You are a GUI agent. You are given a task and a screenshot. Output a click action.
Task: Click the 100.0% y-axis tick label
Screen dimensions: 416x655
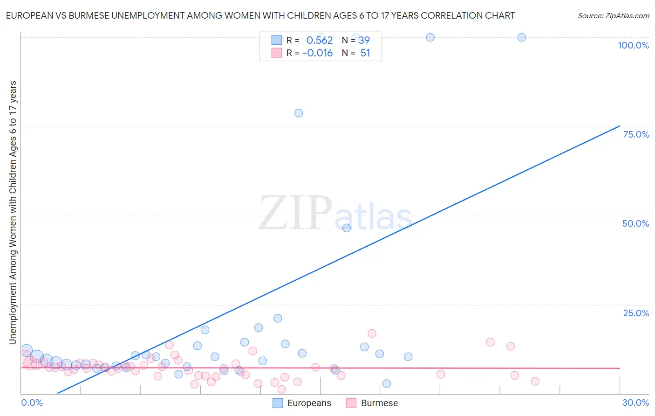[633, 45]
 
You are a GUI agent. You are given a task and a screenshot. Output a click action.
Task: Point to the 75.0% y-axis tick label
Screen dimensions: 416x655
[636, 134]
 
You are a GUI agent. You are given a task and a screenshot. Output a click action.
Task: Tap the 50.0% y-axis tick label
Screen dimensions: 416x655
[635, 223]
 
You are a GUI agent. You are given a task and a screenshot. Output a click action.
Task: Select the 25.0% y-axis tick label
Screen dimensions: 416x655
[636, 313]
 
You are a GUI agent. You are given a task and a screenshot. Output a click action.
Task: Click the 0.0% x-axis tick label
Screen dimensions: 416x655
[32, 402]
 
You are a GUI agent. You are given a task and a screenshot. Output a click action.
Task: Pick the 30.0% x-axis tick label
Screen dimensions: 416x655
[635, 402]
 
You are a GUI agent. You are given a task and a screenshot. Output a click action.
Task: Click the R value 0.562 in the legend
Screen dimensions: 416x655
[320, 40]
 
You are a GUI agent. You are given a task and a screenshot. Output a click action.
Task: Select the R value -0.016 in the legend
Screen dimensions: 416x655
[318, 53]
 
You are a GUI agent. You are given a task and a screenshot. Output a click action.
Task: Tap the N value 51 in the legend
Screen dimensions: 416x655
[365, 53]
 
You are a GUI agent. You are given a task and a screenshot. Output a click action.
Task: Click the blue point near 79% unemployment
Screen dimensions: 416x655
[299, 113]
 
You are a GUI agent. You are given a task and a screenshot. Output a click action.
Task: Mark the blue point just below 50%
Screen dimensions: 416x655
[346, 228]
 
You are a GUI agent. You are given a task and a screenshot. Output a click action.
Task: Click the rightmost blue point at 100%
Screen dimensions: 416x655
[522, 37]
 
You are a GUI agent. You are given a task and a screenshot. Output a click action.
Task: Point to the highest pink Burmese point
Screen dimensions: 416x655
[372, 333]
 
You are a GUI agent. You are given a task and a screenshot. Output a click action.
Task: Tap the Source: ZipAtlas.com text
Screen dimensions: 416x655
[613, 16]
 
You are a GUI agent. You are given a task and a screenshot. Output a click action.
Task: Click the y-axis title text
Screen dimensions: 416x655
[13, 213]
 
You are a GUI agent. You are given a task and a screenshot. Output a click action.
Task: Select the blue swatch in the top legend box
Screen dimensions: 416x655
[277, 40]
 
